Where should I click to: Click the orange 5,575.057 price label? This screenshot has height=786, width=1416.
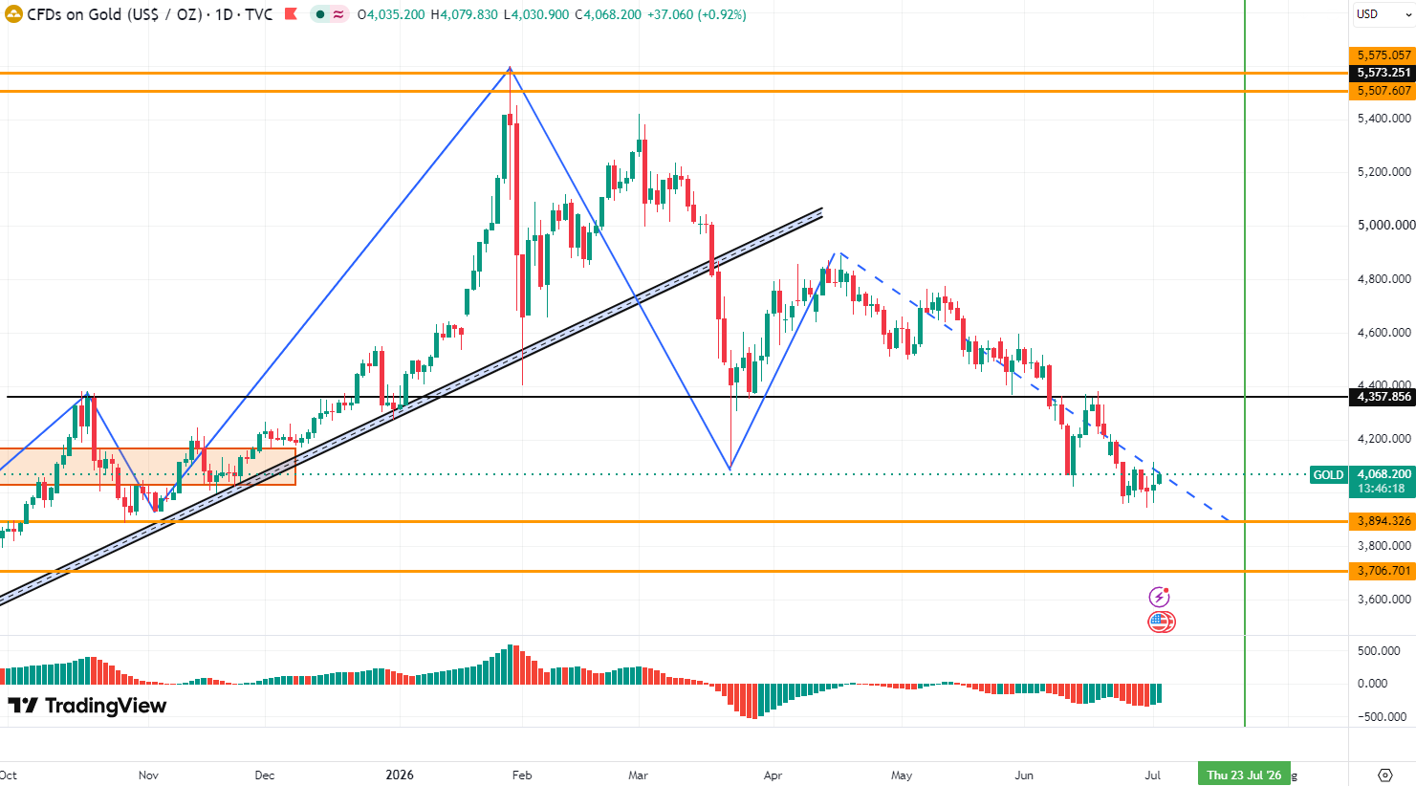pos(1382,55)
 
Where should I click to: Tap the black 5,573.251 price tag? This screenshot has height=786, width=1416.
pos(1382,73)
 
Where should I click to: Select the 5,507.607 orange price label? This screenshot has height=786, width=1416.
pos(1382,91)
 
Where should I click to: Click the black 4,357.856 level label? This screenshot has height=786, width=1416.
pos(1382,397)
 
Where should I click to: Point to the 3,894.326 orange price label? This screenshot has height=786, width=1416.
pos(1382,521)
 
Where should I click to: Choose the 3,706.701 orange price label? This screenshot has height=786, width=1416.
pos(1382,571)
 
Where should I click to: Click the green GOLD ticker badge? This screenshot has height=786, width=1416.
pos(1328,475)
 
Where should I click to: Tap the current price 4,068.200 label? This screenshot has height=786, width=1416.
pos(1382,474)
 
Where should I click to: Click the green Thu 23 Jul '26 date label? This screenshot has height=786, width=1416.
pos(1244,775)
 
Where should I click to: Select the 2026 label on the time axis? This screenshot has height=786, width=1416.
pos(400,775)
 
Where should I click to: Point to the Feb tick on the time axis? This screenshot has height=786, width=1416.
pos(521,775)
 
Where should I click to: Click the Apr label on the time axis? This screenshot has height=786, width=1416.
pos(773,775)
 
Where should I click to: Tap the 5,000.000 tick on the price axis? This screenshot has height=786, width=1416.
pos(1383,225)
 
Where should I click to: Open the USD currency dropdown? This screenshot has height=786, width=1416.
pos(1382,14)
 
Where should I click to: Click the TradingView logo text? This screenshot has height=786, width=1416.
pos(87,706)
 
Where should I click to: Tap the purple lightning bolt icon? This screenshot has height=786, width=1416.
pos(1159,597)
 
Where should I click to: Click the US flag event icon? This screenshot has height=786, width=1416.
pos(1161,622)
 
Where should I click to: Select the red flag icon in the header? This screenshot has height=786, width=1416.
pos(291,14)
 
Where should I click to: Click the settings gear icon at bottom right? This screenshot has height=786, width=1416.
pos(1385,775)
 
